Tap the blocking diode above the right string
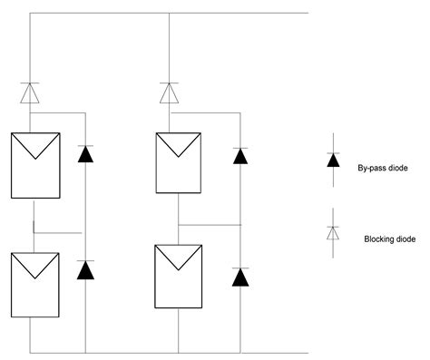tap(170, 92)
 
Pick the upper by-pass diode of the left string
tap(85, 153)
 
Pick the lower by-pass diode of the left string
tap(85, 269)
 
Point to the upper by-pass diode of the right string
tap(240, 155)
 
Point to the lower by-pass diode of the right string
tap(240, 277)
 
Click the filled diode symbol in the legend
tap(334, 160)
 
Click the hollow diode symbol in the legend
tap(334, 233)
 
